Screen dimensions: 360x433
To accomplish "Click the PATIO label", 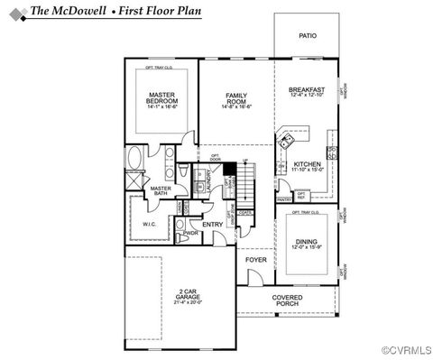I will pos(308,36).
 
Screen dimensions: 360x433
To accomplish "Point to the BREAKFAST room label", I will pos(307,92).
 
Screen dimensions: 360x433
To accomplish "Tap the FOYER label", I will pos(256,260).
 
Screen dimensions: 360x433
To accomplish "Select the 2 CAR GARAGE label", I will pos(180,295).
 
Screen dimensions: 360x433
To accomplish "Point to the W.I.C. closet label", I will pos(150,225).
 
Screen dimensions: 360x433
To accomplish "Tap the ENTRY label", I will pos(213,225).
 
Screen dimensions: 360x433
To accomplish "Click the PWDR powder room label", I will pos(190,233).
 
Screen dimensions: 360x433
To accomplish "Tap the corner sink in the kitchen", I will pos(288,141).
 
